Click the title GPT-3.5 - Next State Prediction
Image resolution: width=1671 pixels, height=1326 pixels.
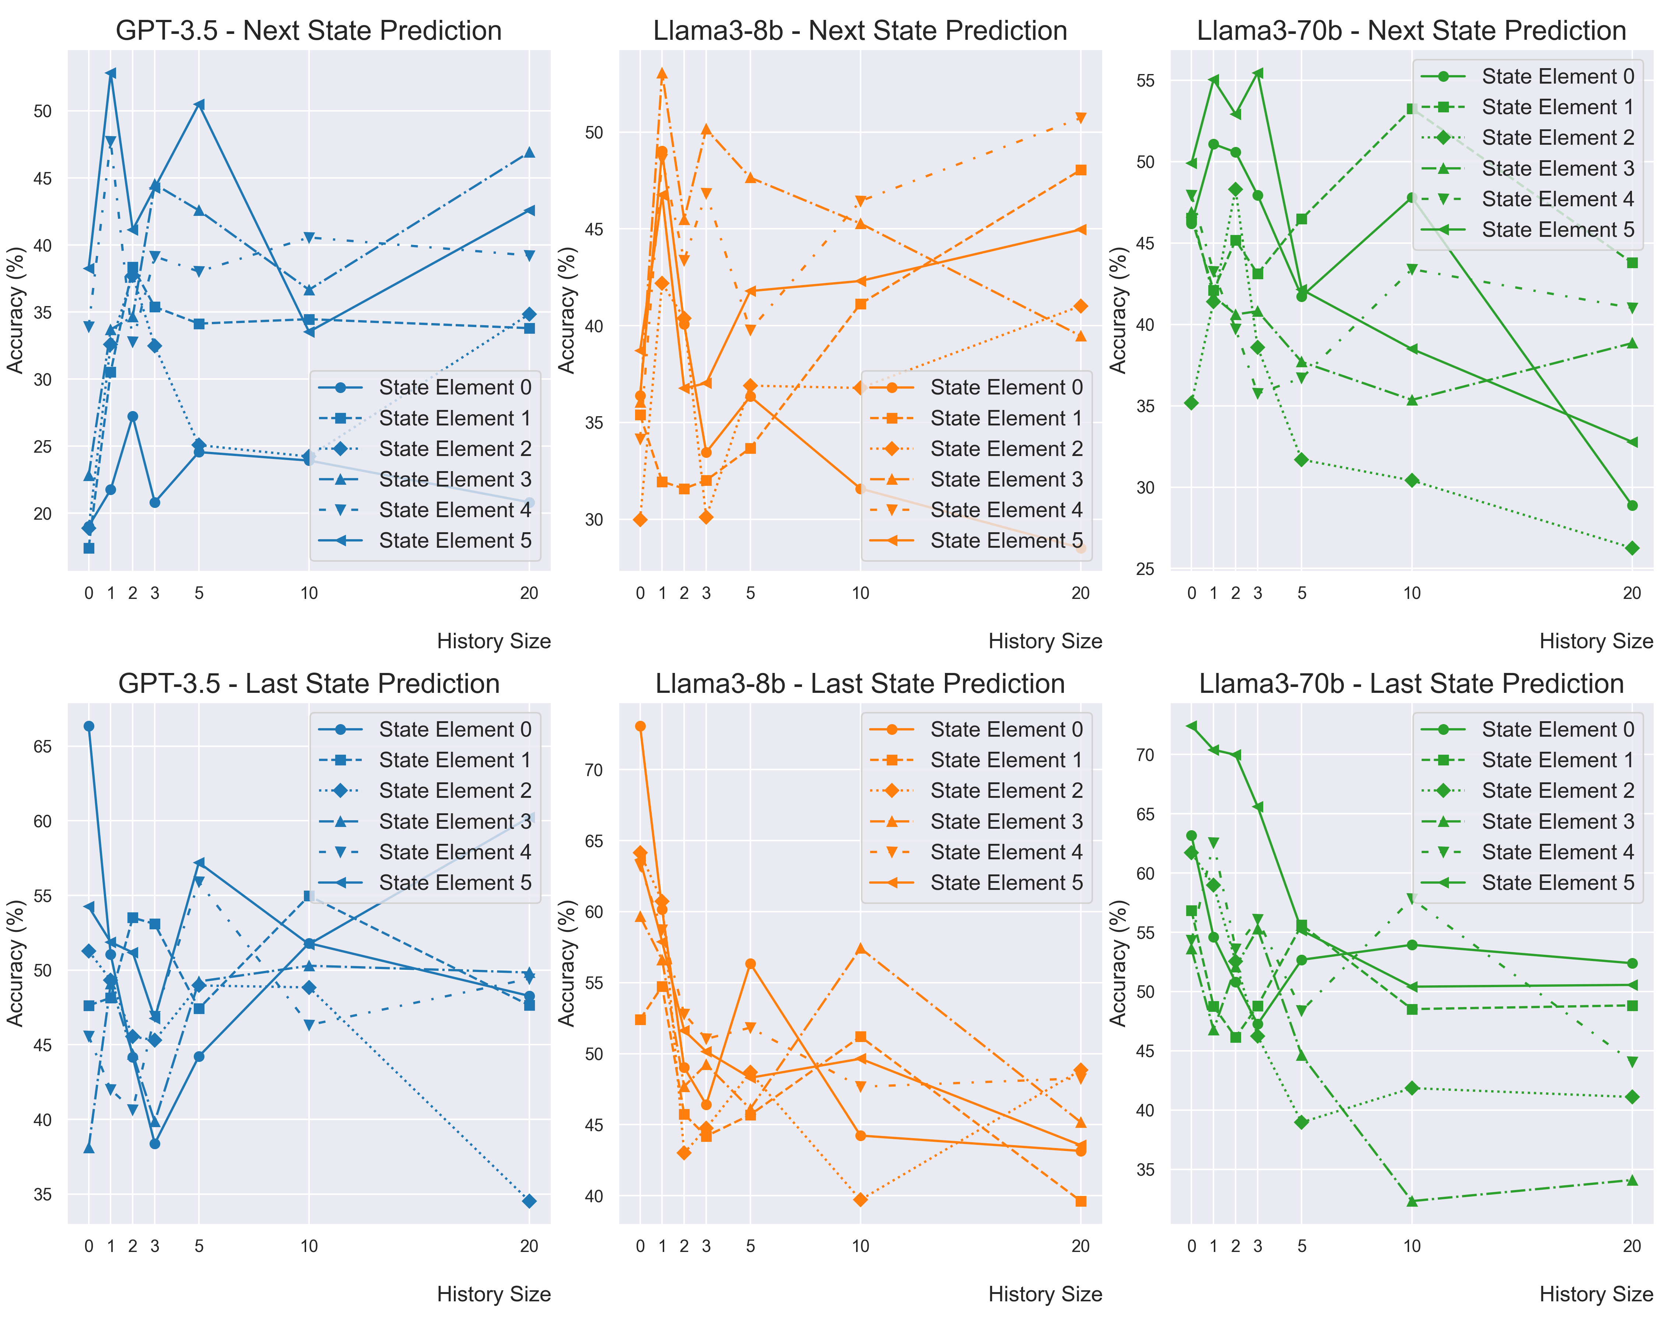click(308, 31)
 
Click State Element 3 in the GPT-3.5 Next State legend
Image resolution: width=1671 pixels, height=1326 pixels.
click(455, 480)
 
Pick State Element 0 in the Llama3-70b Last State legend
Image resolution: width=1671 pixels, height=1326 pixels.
click(1558, 729)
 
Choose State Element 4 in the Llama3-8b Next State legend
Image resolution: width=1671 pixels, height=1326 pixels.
click(1006, 510)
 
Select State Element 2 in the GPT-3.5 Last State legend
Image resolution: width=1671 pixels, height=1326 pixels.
click(455, 790)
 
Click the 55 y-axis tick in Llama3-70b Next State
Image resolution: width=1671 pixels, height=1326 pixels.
click(1145, 81)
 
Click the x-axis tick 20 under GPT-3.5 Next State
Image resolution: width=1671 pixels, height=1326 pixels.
click(529, 594)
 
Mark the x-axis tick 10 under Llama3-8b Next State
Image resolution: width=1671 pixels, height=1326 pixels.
click(860, 594)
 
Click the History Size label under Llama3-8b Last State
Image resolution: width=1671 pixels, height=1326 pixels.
click(1045, 1294)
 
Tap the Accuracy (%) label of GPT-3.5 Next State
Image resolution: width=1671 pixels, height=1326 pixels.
click(15, 310)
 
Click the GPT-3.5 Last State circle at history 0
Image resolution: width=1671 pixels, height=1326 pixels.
click(89, 726)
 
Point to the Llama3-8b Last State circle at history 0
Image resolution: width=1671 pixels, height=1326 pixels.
click(640, 726)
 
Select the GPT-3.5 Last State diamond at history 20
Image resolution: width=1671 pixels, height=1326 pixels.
click(529, 1201)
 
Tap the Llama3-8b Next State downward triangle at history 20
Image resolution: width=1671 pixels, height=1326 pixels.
click(1080, 118)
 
